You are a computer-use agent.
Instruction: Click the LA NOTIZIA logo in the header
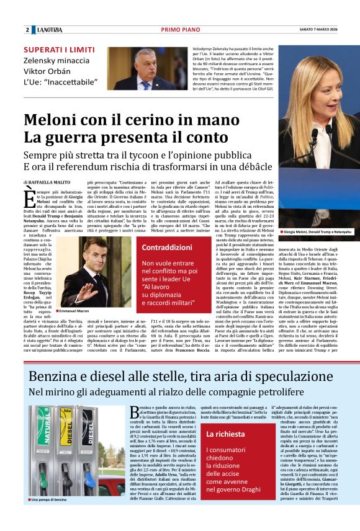(x=49, y=30)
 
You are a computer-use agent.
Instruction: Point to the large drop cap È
(x=29, y=199)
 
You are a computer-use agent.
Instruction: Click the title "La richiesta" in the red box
(x=226, y=434)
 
